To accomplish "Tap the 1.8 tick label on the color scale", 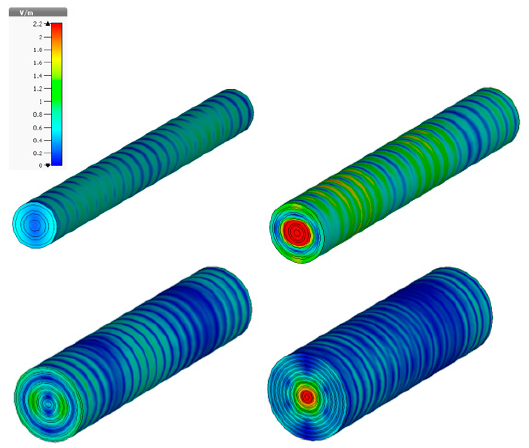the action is [x=38, y=50].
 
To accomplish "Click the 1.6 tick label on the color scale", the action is [x=38, y=63].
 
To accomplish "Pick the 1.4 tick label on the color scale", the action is [x=38, y=76].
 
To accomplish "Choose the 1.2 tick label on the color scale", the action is [x=38, y=89].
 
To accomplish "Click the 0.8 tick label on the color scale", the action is [x=38, y=114].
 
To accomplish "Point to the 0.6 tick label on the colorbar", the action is [x=38, y=127].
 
